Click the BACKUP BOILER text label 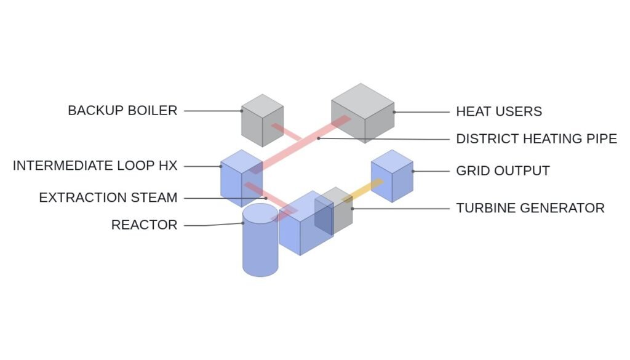(122, 111)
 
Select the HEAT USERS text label (499, 111)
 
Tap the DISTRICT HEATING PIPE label (536, 138)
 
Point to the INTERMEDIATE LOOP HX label (95, 166)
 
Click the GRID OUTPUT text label (503, 170)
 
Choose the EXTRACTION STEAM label (108, 198)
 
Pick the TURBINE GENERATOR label (530, 208)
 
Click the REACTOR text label (144, 225)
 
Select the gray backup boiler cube (262, 121)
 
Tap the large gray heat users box (363, 113)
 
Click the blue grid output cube (392, 176)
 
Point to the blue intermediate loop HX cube (241, 178)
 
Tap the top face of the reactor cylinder (260, 213)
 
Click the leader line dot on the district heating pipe (318, 138)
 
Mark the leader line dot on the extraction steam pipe (266, 198)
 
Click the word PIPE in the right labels (599, 138)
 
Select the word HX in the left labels (168, 166)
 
